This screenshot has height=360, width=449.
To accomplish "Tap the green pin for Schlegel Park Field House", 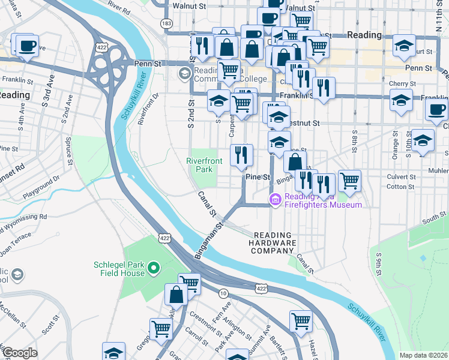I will [x=154, y=268].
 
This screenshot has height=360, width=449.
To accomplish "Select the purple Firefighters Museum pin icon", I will [x=276, y=199].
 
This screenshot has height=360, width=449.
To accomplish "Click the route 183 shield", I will [x=166, y=23].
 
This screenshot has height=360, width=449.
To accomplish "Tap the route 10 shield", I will [x=223, y=293].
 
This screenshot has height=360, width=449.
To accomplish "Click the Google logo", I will [x=20, y=352].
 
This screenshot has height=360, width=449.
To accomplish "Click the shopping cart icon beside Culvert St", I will [x=349, y=180].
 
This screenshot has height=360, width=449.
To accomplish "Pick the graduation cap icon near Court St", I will [x=405, y=46].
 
